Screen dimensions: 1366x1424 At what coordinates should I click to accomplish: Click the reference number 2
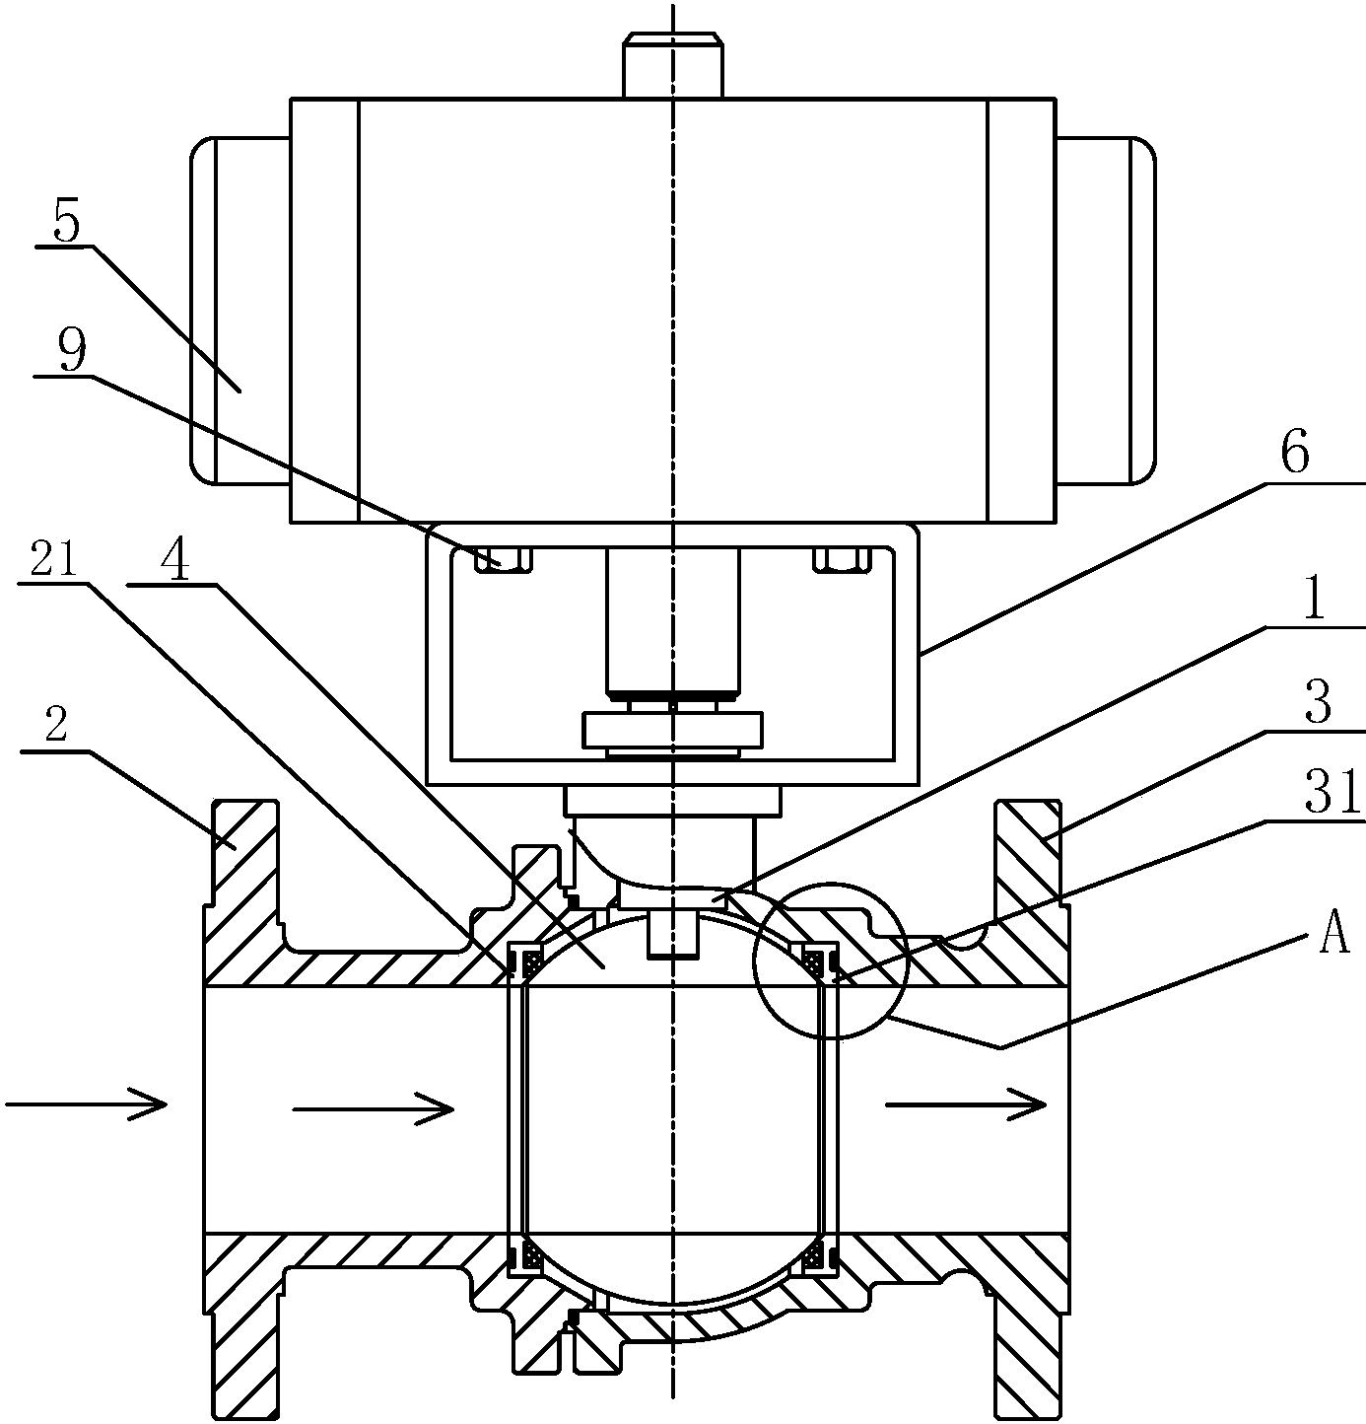(x=56, y=724)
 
